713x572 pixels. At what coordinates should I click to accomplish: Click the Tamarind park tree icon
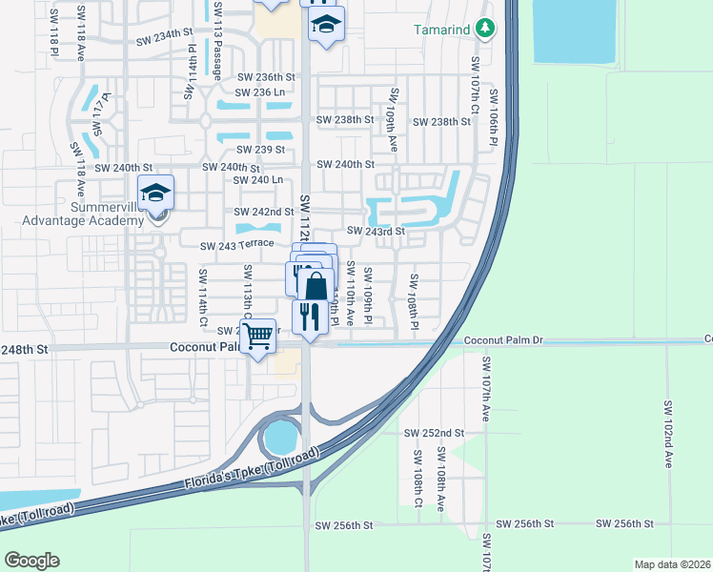[x=486, y=29]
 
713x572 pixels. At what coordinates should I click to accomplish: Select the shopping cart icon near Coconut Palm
[x=258, y=337]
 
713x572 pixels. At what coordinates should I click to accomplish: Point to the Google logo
[x=31, y=561]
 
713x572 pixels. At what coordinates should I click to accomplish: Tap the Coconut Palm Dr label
[x=502, y=340]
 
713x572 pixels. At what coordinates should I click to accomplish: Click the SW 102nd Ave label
[x=668, y=433]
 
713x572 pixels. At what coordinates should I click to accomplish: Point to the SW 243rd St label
[x=376, y=231]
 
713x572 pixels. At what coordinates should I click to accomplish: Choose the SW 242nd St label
[x=264, y=212]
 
